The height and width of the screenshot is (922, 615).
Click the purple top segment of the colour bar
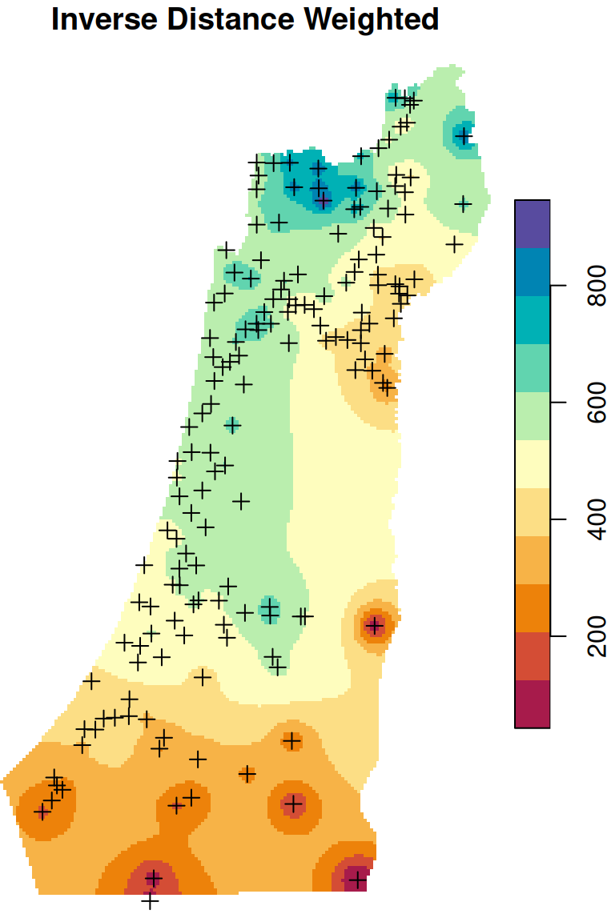533,224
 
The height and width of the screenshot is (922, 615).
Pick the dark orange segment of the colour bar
533,608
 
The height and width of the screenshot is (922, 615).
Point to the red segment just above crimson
533,656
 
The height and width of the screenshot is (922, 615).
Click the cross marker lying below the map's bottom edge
151,901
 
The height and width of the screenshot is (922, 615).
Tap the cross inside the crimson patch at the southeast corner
357,880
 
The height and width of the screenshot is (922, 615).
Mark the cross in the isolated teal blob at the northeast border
463,137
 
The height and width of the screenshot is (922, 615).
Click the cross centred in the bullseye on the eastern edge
375,625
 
